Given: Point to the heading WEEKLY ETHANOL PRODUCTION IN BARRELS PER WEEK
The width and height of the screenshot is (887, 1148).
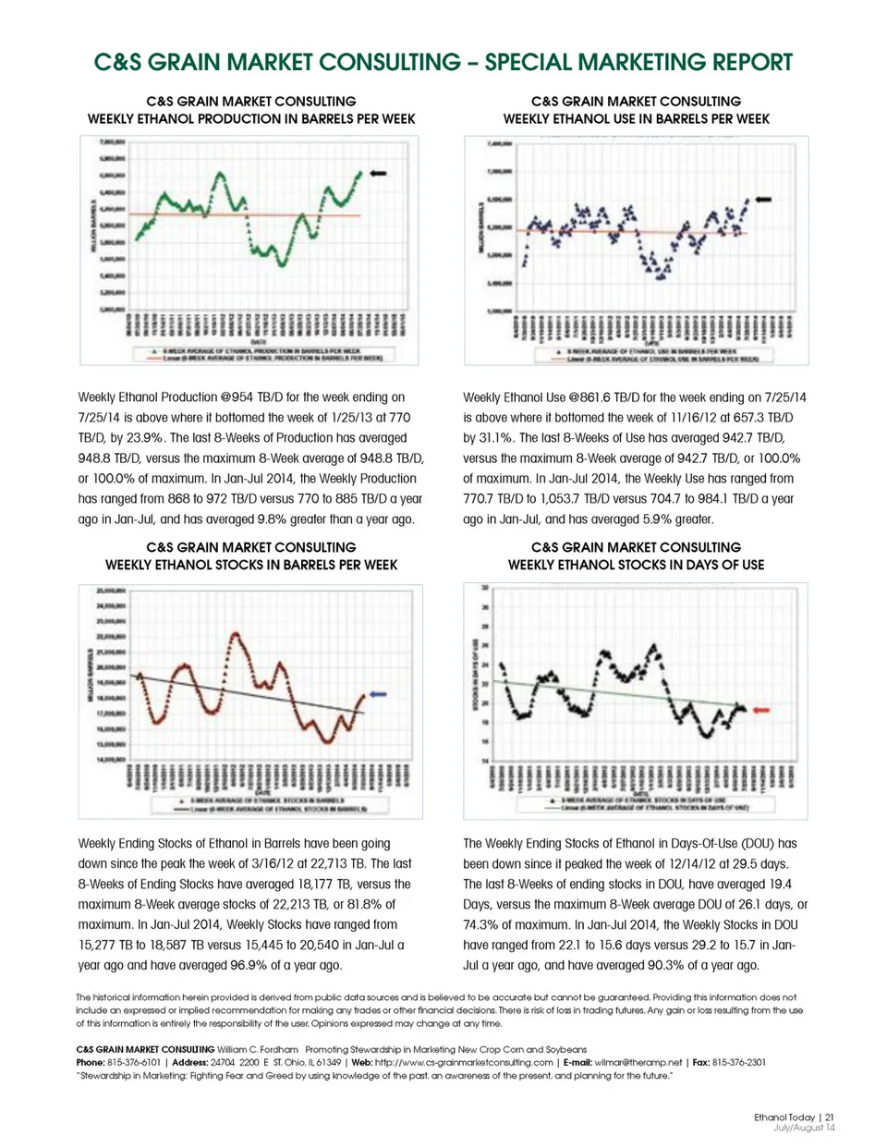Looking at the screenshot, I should pos(251,118).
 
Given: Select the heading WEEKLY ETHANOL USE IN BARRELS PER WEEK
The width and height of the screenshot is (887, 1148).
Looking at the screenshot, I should pos(636,118).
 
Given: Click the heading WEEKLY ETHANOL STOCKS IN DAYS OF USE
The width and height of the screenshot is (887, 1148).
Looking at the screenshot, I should pos(636,565).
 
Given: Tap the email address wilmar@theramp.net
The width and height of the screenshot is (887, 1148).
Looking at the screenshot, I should pos(638,1062).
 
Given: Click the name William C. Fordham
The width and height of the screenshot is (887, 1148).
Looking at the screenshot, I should pos(258,1049).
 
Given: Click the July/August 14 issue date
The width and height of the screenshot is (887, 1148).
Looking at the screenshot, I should pos(804,1128).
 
